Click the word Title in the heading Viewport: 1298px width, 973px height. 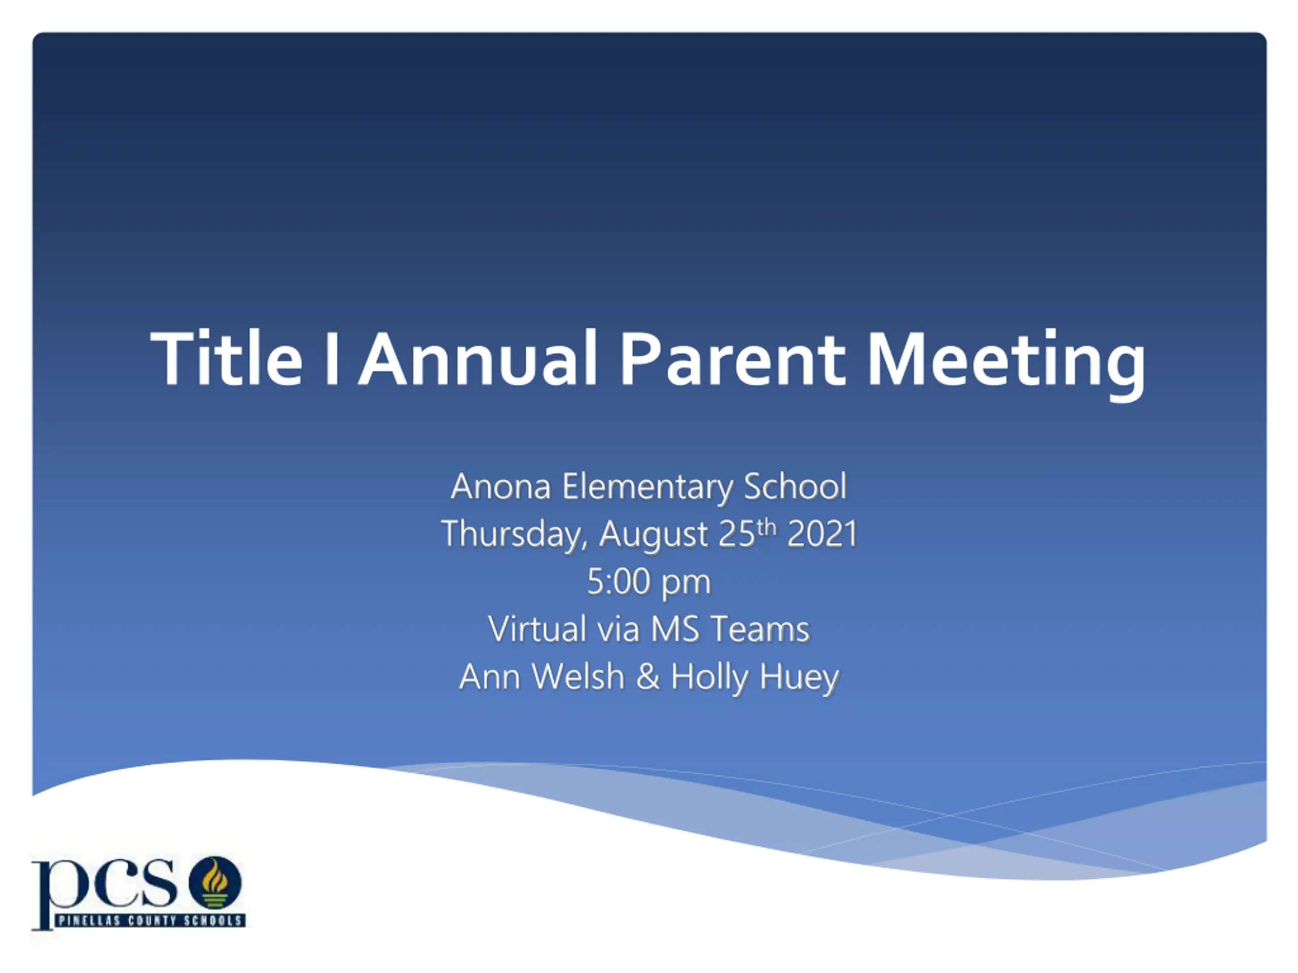(227, 358)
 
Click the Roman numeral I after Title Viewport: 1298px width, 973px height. (332, 358)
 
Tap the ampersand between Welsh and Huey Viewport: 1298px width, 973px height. (648, 677)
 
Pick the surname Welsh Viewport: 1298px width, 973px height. (579, 677)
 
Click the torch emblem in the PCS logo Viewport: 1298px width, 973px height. (215, 883)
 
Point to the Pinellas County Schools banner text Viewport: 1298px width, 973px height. (150, 920)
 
